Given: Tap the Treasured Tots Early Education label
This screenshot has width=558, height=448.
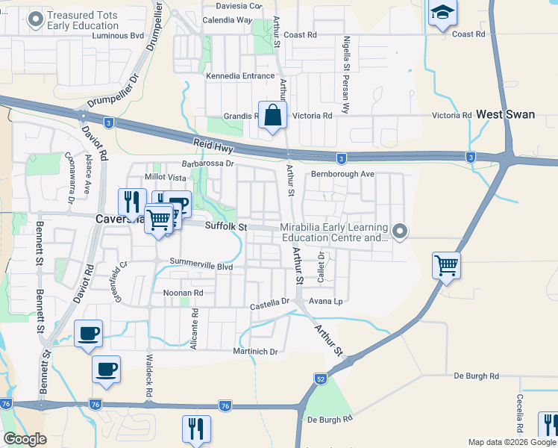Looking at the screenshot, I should coord(82,20).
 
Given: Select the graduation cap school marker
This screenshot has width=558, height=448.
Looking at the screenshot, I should coord(442,13).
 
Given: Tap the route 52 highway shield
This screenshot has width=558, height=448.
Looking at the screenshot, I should coord(320,379).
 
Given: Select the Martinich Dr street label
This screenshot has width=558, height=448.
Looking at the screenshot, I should coord(255,351).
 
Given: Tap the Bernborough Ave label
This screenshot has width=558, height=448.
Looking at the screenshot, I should coord(342,174).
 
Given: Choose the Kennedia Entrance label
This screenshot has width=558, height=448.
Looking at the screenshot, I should coord(240,76).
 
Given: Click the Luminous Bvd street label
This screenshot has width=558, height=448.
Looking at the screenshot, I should coord(117,35).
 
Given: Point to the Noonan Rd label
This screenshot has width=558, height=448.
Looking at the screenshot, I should coord(183,293).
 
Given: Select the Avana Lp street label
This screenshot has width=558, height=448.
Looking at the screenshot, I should coord(327,302).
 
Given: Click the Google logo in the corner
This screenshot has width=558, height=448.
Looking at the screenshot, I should coord(25,439).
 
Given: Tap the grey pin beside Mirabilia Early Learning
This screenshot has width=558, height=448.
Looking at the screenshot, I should coord(400,231).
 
